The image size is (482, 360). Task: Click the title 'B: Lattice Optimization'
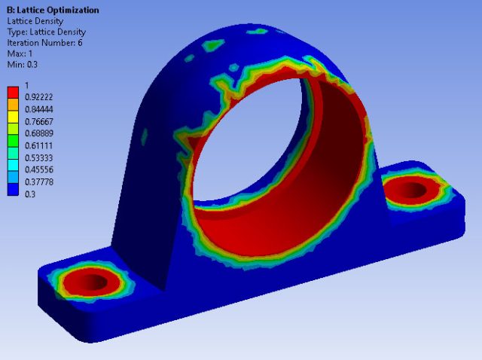53,10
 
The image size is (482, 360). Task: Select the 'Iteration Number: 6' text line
44,43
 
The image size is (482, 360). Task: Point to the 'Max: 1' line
20,53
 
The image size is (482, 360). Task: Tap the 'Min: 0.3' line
22,65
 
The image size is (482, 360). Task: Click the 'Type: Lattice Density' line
47,32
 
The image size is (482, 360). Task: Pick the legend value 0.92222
38,97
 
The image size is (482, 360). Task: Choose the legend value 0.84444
38,109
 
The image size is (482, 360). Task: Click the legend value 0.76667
38,121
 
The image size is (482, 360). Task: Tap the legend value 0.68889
38,133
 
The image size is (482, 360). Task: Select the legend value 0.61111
38,145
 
